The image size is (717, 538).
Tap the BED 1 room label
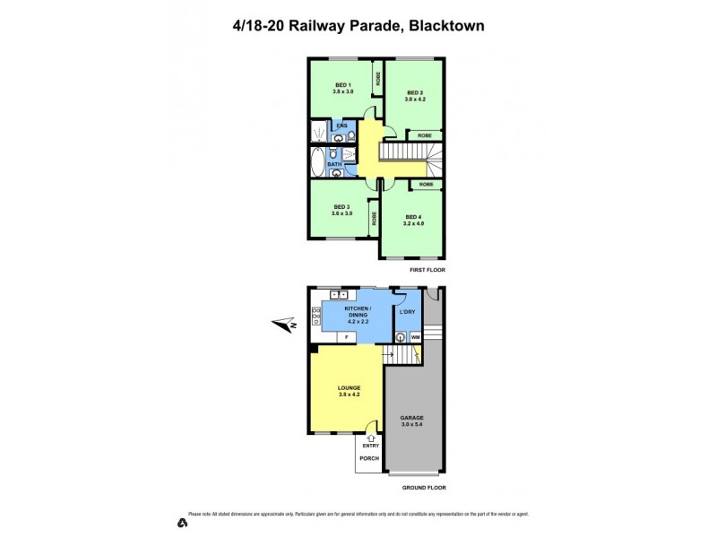tap(343, 85)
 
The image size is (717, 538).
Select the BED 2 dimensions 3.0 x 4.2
tap(414, 99)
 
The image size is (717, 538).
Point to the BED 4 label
tap(412, 217)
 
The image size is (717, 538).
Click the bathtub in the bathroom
tap(318, 163)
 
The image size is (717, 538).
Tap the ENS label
tap(341, 126)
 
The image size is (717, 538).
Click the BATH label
tap(334, 164)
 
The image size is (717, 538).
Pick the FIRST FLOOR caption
tap(426, 270)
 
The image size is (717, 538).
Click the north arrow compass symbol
tap(286, 325)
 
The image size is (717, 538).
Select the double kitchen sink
tap(339, 294)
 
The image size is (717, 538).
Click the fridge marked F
tap(347, 336)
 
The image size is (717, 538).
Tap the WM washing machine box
tap(415, 337)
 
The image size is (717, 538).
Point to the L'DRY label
tap(408, 311)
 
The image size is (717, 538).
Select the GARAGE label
tap(412, 418)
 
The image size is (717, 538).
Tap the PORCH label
tap(368, 458)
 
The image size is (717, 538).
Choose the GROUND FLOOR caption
tap(424, 488)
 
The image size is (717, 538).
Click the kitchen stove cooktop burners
tap(315, 314)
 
